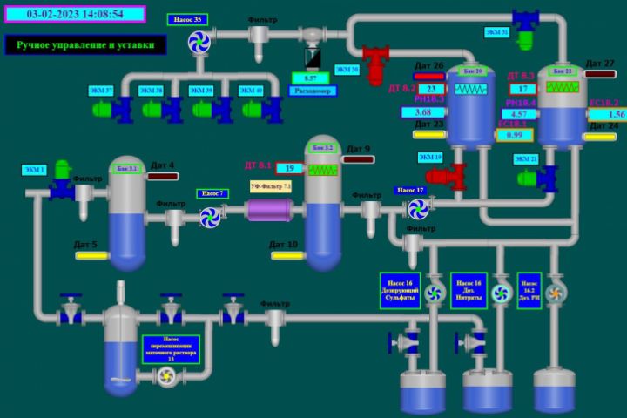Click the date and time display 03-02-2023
[x=74, y=14]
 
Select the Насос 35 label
[x=187, y=20]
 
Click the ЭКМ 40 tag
[x=251, y=90]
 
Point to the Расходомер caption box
[x=311, y=91]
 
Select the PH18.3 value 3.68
[x=423, y=112]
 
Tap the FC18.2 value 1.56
[x=607, y=114]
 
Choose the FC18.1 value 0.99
[x=515, y=135]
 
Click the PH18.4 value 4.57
[x=519, y=114]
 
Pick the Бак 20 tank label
[x=471, y=71]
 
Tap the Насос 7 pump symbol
[x=210, y=217]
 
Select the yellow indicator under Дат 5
[x=91, y=256]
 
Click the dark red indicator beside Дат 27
[x=601, y=74]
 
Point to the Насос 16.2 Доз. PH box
[x=529, y=290]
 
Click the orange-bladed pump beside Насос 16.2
[x=556, y=292]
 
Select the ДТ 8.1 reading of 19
[x=289, y=168]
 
